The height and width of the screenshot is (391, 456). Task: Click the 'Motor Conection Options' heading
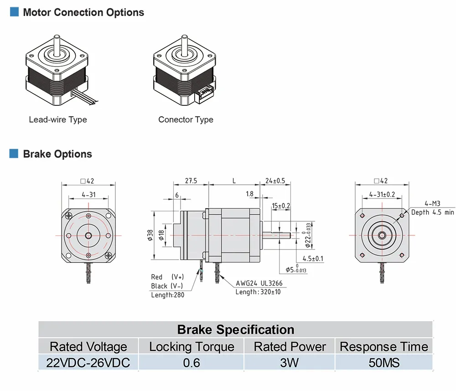(83, 12)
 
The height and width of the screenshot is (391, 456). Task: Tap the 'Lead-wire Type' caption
(58, 120)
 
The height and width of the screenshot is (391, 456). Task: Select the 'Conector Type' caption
(186, 120)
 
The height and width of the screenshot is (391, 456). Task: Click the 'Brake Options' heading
(57, 154)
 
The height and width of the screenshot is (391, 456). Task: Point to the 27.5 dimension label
(191, 181)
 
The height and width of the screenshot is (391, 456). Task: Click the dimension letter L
(234, 181)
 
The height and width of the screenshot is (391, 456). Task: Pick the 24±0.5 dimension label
(275, 181)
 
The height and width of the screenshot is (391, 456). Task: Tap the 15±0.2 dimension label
(281, 206)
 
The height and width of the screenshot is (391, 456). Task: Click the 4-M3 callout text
(432, 204)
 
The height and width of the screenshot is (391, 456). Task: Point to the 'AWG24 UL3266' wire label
(259, 283)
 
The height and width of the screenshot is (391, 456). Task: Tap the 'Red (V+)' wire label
(167, 277)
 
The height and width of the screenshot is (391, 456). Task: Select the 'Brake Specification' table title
(235, 329)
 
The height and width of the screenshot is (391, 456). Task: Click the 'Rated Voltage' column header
(88, 347)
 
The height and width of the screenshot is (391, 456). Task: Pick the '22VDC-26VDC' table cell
(88, 363)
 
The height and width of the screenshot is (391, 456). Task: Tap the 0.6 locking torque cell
(192, 363)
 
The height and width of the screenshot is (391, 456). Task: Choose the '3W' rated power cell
(290, 363)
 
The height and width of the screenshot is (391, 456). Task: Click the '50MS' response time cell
(384, 363)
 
